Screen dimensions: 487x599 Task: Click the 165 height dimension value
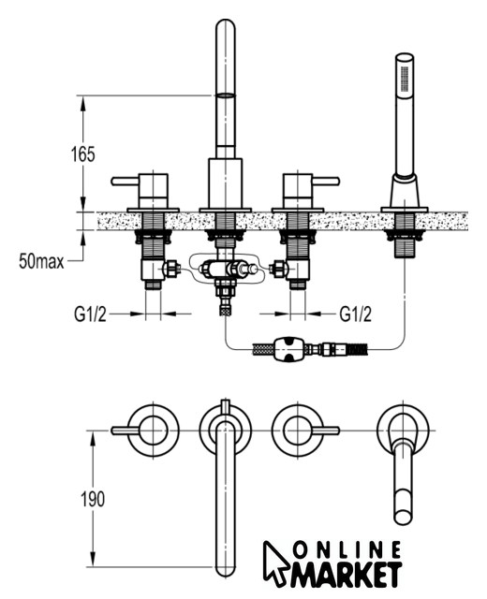83,154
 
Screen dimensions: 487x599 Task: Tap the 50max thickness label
41,262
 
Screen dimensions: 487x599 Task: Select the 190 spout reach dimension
93,499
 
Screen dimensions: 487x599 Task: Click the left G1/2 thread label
90,314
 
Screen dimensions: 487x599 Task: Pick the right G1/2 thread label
355,314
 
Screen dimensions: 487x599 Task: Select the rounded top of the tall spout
225,29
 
